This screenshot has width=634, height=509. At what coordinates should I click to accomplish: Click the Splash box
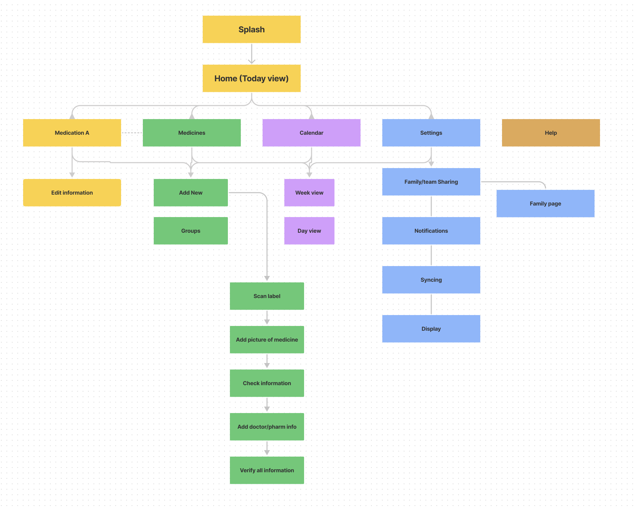click(x=251, y=29)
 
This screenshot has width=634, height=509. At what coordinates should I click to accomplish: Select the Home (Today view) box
click(x=251, y=78)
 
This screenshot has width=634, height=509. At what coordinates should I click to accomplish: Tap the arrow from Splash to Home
click(x=251, y=54)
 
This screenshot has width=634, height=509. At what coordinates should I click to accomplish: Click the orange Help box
click(x=551, y=133)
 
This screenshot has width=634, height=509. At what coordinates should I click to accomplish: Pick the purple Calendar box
click(x=311, y=133)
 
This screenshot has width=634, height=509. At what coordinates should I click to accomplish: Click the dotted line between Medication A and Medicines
click(x=132, y=133)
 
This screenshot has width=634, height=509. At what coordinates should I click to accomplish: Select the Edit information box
click(x=72, y=193)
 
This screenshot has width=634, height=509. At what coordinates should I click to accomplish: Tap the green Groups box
click(x=190, y=231)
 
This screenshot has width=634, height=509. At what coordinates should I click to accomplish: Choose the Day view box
click(x=309, y=231)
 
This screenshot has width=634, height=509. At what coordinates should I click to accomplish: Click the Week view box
click(x=309, y=193)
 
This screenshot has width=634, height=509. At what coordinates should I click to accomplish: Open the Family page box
click(x=545, y=203)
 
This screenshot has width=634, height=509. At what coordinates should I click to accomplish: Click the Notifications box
click(x=431, y=231)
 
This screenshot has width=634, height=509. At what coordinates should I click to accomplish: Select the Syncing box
click(x=431, y=280)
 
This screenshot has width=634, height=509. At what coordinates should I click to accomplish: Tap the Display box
click(x=431, y=329)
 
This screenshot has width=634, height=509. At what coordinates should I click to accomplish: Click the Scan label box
click(x=267, y=296)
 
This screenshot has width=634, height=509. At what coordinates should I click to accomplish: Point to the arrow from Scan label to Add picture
click(x=267, y=317)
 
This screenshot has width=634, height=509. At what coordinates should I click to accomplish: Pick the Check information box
click(x=267, y=383)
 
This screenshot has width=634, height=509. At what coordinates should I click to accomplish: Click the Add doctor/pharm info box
click(x=267, y=427)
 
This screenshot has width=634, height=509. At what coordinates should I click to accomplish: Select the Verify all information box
click(x=267, y=470)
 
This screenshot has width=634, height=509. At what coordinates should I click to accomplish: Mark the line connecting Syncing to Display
click(x=431, y=304)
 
